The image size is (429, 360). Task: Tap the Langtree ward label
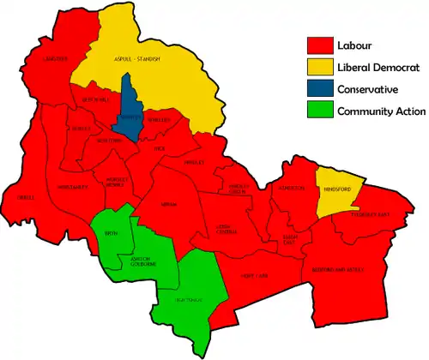[57, 59]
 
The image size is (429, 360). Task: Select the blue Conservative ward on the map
[130, 111]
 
